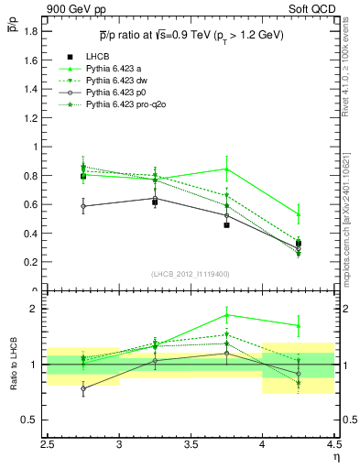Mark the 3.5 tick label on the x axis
tap(191, 446)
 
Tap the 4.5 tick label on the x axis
tap(333, 446)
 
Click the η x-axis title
tap(336, 457)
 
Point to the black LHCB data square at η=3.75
tap(226, 224)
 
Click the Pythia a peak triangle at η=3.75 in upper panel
tap(226, 169)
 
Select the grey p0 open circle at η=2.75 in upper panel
tap(83, 206)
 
